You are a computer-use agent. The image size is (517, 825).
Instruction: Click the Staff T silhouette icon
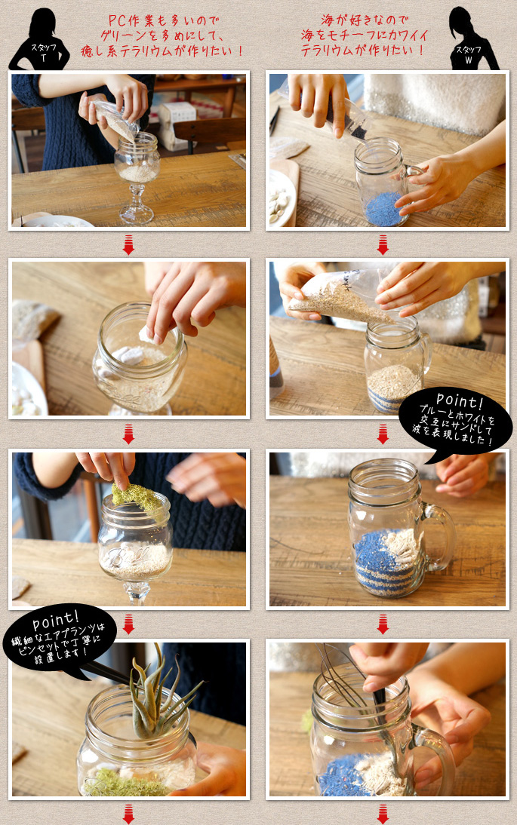[x=40, y=41]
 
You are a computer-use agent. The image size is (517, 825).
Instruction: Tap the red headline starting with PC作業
[x=162, y=35]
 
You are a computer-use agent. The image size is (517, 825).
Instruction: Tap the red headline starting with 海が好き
[x=365, y=35]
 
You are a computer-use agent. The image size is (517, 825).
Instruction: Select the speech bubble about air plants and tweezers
[x=59, y=641]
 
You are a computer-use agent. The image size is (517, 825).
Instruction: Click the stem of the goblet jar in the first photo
[x=137, y=203]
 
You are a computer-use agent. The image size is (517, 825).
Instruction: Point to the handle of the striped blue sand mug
[x=442, y=538]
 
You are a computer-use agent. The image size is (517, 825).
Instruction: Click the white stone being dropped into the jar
[x=146, y=335]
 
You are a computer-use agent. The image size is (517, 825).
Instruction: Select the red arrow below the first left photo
[x=128, y=245]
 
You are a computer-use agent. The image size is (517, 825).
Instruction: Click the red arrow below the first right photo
[x=383, y=245]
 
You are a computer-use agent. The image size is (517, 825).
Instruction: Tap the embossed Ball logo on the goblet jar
[x=126, y=556]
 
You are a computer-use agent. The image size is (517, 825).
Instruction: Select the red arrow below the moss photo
[x=128, y=624]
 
